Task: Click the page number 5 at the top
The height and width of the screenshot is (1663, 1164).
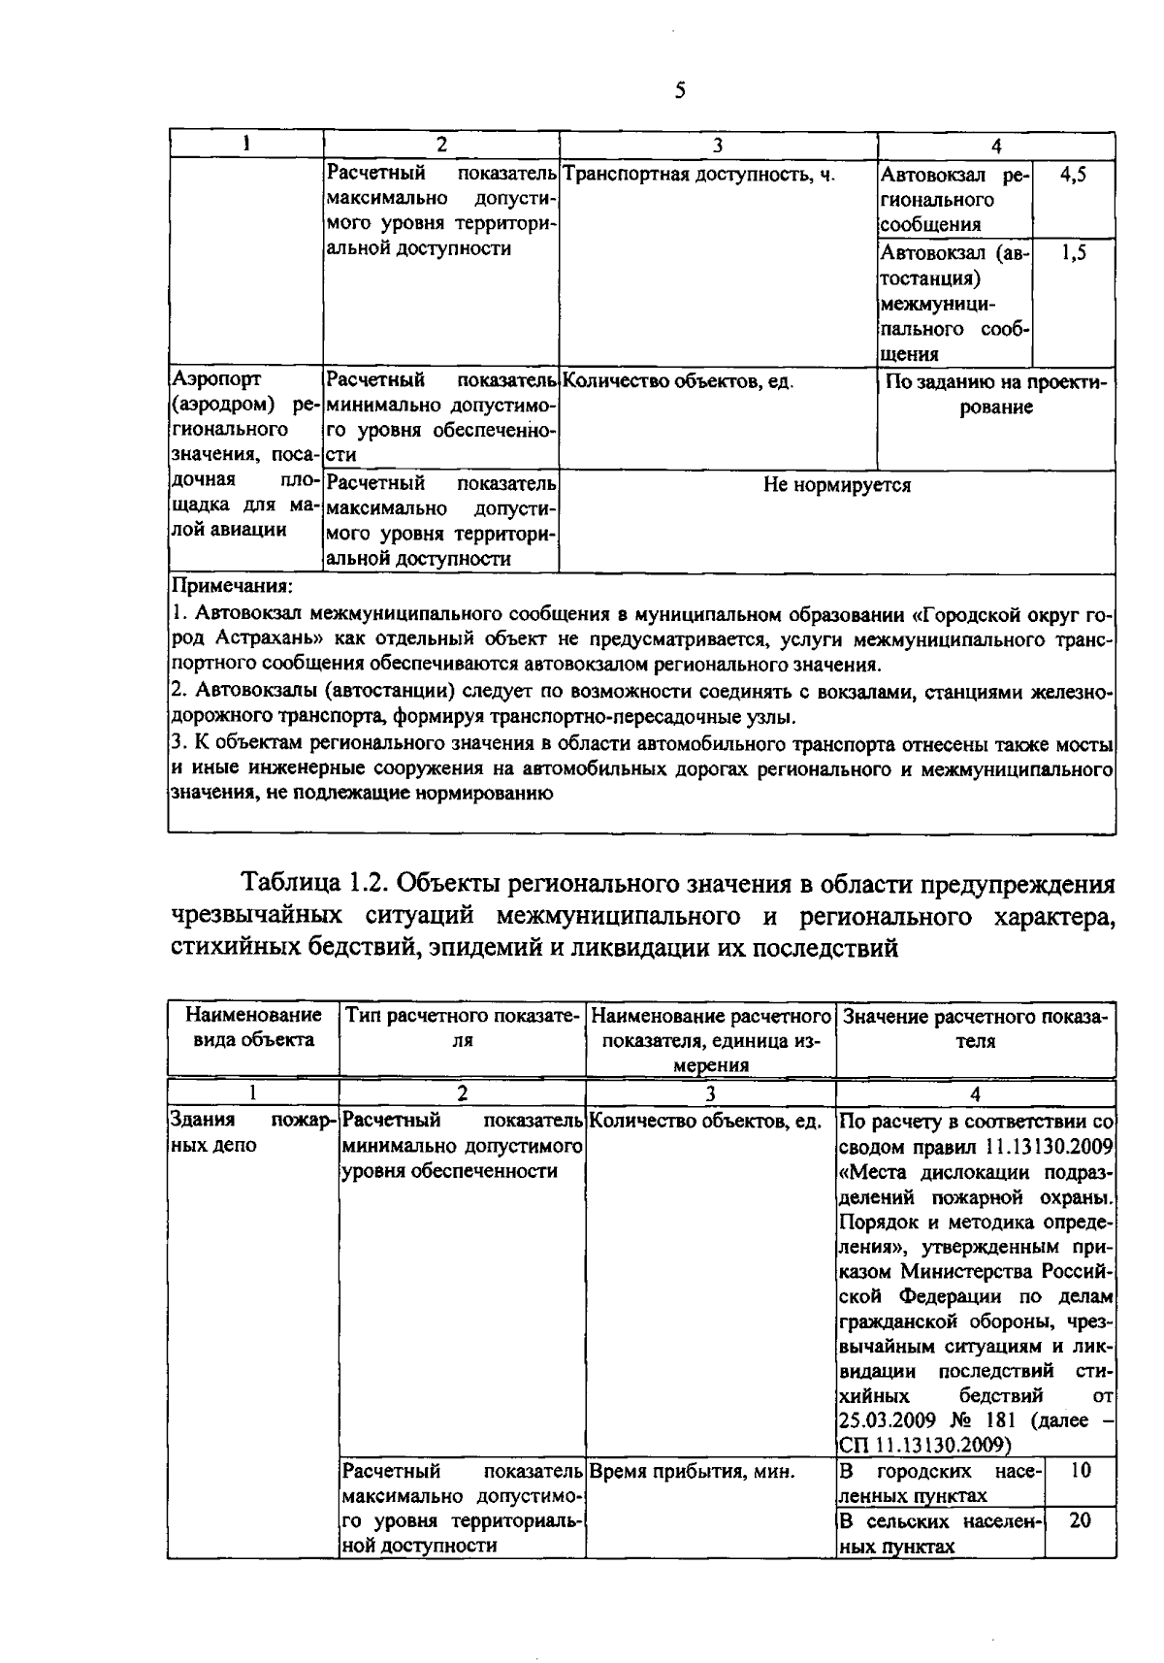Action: click(x=679, y=91)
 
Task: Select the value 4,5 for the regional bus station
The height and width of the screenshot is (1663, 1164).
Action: click(x=1073, y=176)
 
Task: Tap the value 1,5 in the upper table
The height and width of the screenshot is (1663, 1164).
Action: click(x=1073, y=254)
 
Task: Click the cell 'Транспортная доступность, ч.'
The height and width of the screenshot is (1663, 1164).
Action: click(x=698, y=176)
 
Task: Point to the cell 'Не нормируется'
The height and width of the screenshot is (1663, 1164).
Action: click(x=836, y=485)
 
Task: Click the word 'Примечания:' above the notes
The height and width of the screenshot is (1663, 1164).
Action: click(x=232, y=587)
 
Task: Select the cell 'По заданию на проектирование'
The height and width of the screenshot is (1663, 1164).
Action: click(x=996, y=395)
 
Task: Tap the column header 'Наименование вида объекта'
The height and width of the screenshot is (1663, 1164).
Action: click(x=253, y=1027)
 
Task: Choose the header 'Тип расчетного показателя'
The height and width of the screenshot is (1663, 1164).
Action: click(x=463, y=1027)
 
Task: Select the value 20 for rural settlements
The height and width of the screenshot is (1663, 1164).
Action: click(x=1081, y=1521)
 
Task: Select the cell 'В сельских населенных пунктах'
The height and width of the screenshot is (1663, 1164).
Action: click(x=939, y=1533)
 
